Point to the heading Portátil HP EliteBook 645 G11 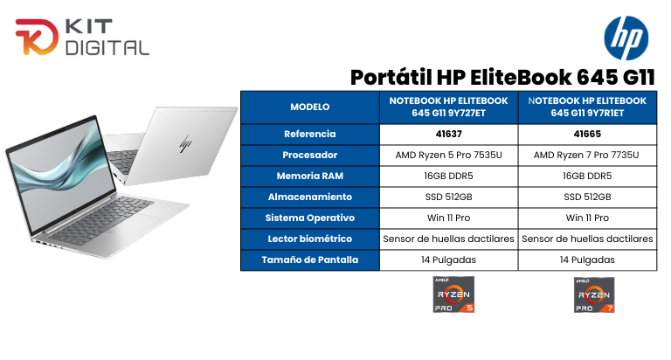click(502, 76)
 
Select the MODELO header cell click(309, 107)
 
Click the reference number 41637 click(448, 135)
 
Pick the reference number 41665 click(586, 135)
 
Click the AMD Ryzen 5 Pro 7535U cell click(448, 156)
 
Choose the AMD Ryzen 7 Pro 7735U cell click(586, 156)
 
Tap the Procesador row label click(309, 156)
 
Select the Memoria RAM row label click(309, 177)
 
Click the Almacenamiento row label click(309, 197)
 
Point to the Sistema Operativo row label click(309, 218)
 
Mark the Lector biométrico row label click(309, 239)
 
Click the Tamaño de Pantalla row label click(309, 260)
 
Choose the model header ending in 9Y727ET click(448, 107)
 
